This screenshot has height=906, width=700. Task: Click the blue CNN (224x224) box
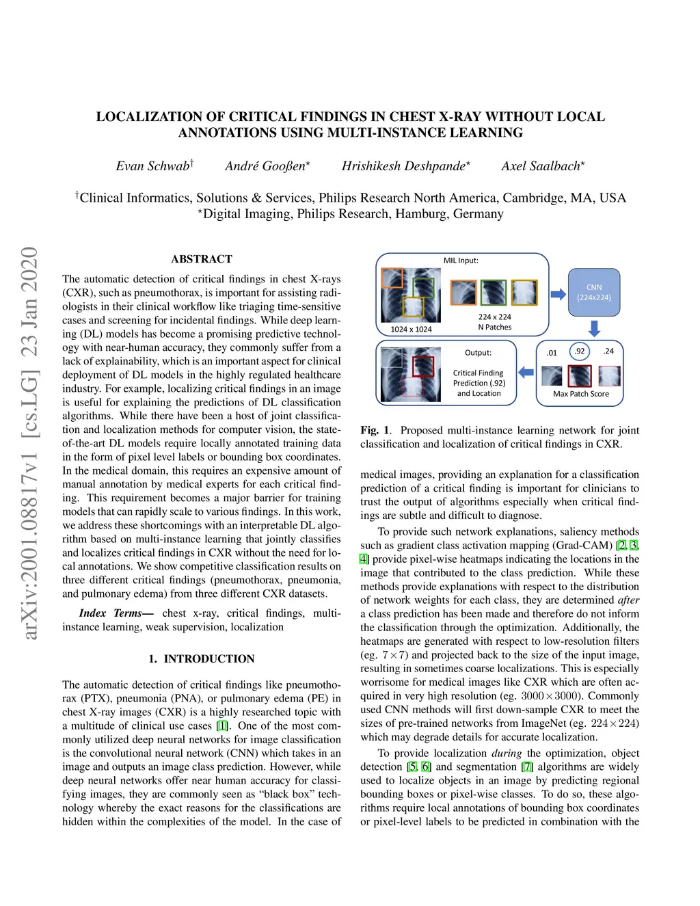[x=594, y=293]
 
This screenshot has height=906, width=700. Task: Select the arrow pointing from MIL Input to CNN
[x=558, y=294]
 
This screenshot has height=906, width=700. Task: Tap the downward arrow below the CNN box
[x=594, y=329]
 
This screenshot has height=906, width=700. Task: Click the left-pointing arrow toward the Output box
[x=526, y=373]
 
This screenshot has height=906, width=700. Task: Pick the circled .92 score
[x=580, y=351]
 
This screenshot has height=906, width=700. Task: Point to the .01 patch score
[x=552, y=353]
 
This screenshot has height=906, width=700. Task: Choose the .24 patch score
[x=608, y=351]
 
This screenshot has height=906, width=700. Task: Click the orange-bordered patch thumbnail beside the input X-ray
[x=463, y=293]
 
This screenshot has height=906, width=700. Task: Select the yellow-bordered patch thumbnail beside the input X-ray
[x=524, y=293]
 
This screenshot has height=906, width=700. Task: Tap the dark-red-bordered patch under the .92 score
[x=580, y=376]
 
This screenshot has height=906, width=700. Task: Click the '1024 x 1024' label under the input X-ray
[x=411, y=330]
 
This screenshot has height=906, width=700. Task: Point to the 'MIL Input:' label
[x=461, y=261]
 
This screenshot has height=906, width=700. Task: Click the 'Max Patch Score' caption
[x=580, y=394]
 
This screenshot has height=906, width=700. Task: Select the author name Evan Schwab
[x=153, y=166]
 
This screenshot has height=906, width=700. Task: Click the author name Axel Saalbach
[x=541, y=166]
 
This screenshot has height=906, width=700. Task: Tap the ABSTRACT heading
[x=202, y=259]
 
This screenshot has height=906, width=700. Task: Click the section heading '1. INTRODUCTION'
[x=202, y=659]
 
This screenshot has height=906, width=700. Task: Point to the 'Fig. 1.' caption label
[x=375, y=430]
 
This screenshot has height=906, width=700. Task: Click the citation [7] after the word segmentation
[x=526, y=767]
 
